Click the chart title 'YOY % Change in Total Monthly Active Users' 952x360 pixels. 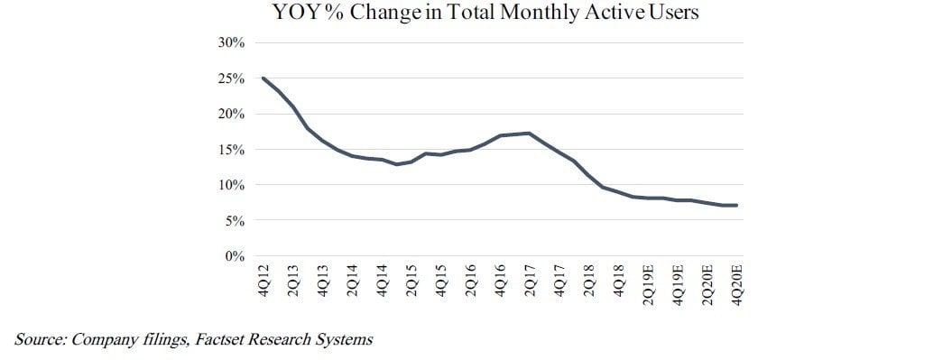click(485, 12)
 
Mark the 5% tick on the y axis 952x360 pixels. click(236, 221)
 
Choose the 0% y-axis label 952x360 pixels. click(236, 256)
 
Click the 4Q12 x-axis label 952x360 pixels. click(263, 280)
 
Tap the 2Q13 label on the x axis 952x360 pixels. click(293, 280)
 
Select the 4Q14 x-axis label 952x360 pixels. click(382, 280)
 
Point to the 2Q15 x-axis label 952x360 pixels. click(411, 280)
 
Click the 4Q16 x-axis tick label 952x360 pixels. click(500, 280)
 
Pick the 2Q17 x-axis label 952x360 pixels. click(530, 280)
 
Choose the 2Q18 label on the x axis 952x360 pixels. click(589, 280)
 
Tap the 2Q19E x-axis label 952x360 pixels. click(649, 284)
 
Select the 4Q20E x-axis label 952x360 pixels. click(737, 284)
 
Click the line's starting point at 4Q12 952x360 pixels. click(263, 78)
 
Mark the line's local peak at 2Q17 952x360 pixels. click(530, 133)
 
